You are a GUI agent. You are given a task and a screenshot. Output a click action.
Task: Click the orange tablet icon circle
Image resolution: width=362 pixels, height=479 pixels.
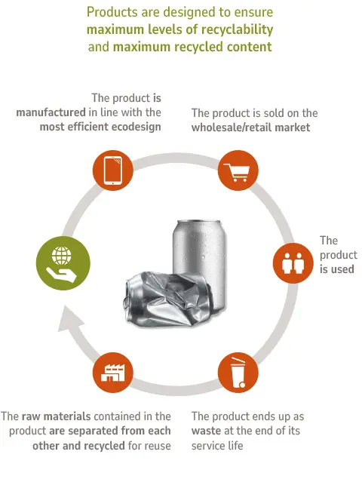click(x=112, y=170)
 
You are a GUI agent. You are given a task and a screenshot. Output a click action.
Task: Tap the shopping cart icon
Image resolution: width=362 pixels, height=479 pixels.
click(x=237, y=173)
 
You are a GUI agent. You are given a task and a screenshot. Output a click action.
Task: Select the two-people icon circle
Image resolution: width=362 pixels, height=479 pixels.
click(x=293, y=263)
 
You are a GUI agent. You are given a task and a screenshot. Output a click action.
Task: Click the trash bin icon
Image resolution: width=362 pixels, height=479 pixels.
click(x=238, y=373)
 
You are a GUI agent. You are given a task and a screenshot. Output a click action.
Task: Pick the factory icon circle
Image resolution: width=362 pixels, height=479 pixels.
click(x=112, y=373)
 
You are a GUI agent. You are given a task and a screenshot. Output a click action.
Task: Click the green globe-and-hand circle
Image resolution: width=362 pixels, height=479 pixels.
click(x=63, y=263)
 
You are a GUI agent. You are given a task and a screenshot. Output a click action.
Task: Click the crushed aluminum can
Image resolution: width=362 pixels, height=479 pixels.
click(x=167, y=299)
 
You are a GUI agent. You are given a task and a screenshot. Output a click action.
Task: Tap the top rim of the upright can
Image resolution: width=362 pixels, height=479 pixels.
click(x=198, y=222)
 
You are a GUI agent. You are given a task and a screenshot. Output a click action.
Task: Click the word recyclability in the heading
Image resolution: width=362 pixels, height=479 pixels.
click(x=237, y=29)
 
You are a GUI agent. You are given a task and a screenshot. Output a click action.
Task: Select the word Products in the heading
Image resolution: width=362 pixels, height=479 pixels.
click(x=112, y=12)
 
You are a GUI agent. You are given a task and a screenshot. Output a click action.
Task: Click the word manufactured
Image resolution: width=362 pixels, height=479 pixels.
click(x=51, y=112)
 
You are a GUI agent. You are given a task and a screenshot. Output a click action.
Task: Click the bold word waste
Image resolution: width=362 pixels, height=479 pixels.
click(x=206, y=431)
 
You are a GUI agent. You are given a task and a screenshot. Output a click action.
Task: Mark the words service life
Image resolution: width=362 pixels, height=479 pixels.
click(x=217, y=445)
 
